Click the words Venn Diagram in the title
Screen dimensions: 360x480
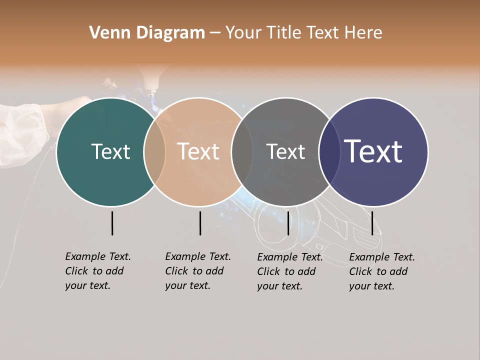pyautogui.click(x=147, y=33)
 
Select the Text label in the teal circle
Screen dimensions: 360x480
pyautogui.click(x=110, y=151)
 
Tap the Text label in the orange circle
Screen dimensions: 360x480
pyautogui.click(x=198, y=151)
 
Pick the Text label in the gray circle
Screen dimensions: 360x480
pyautogui.click(x=285, y=151)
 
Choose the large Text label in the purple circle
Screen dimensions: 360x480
pyautogui.click(x=373, y=151)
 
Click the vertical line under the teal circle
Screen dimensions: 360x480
pyautogui.click(x=112, y=223)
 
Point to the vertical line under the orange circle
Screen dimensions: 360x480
pyautogui.click(x=200, y=223)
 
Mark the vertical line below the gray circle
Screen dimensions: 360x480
pyautogui.click(x=288, y=223)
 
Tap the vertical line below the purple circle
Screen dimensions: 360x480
pyautogui.click(x=372, y=223)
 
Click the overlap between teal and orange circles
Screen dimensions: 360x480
pyautogui.click(x=154, y=152)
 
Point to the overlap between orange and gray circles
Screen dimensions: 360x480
pyautogui.click(x=242, y=152)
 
